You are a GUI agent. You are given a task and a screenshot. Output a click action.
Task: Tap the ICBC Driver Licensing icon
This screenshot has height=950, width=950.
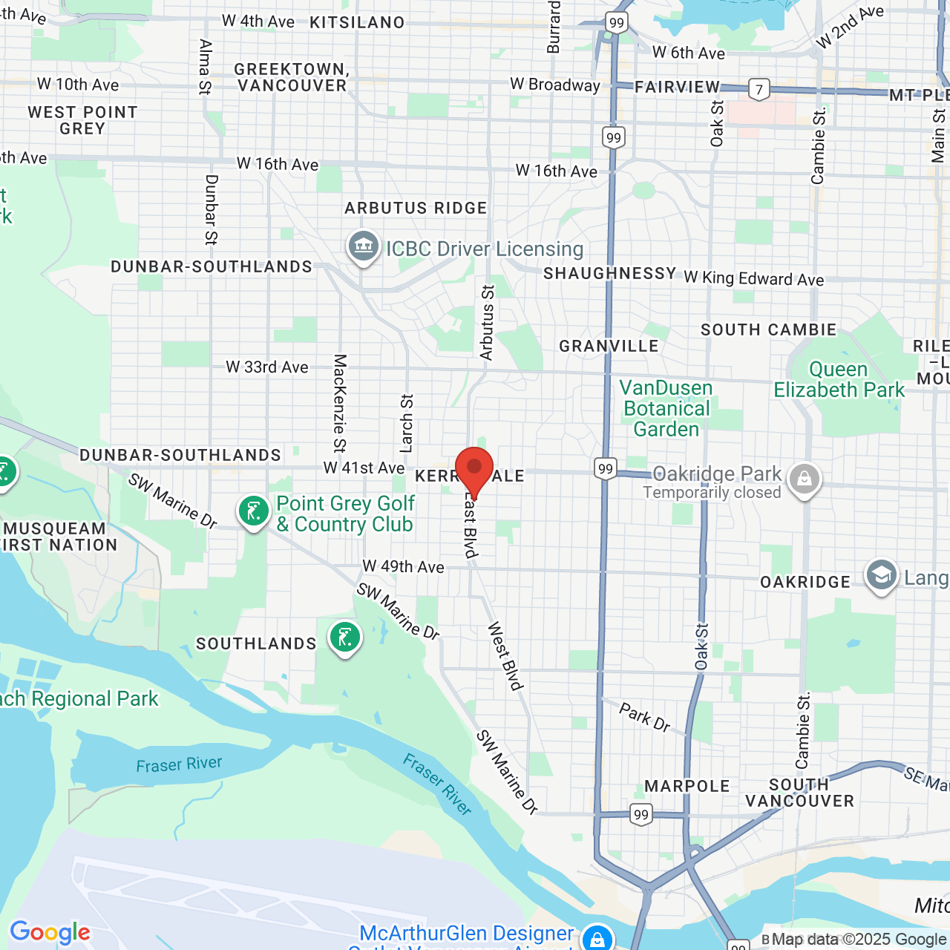click(x=364, y=246)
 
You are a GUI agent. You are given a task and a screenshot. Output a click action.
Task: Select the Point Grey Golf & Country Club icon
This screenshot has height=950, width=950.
click(x=254, y=511)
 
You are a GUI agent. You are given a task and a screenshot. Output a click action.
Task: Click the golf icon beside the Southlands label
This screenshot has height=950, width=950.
click(x=345, y=638)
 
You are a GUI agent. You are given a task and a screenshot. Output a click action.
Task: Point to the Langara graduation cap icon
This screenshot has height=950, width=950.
click(x=882, y=576)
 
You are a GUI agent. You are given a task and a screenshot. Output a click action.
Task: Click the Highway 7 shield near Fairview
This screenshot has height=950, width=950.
click(x=759, y=90)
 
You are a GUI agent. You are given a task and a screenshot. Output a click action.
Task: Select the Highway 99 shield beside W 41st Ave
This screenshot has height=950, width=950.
click(x=606, y=468)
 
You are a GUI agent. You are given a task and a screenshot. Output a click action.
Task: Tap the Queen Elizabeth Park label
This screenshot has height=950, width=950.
click(x=839, y=380)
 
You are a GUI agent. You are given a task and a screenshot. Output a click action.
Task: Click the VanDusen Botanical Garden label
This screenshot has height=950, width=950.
click(x=666, y=409)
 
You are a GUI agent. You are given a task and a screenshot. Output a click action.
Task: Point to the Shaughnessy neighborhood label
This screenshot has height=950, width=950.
click(x=609, y=274)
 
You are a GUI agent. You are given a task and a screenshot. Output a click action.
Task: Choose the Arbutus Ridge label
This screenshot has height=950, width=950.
click(x=416, y=209)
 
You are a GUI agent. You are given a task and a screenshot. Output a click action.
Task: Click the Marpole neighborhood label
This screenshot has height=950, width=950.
click(x=687, y=786)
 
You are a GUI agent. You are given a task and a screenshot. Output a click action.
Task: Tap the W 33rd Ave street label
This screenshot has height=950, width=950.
click(x=267, y=367)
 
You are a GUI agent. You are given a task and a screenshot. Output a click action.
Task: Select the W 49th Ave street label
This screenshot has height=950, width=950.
click(x=403, y=567)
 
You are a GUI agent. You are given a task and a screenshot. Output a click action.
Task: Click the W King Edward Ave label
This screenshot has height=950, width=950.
click(x=753, y=279)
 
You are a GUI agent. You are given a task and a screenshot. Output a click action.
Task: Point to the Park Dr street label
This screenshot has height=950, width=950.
click(x=644, y=718)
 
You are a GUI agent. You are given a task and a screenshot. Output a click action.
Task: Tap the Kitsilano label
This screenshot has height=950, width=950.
click(x=357, y=23)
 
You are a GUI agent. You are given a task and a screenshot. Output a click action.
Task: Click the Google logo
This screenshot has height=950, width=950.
click(x=50, y=932)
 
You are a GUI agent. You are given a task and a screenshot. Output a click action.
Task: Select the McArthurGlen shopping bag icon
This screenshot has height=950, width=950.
click(x=597, y=937)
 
